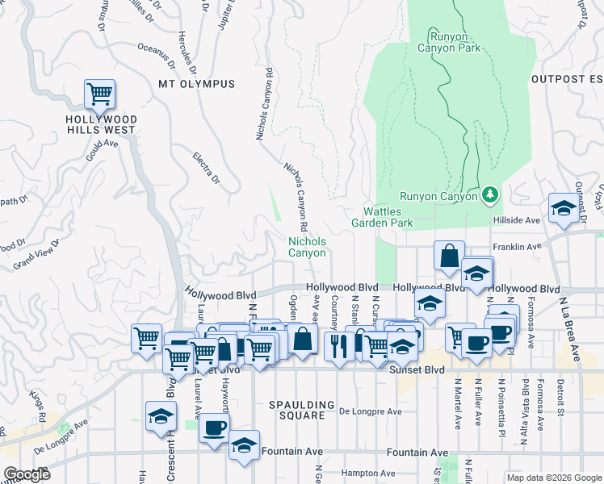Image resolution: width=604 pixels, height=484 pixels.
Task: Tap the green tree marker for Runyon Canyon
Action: [489, 195]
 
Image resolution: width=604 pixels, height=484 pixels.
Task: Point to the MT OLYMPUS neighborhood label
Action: [196, 84]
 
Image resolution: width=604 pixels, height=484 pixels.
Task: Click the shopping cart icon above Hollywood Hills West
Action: [99, 94]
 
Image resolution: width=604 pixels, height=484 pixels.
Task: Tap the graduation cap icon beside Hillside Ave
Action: [562, 209]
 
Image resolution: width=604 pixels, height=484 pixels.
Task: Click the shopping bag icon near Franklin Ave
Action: [448, 256]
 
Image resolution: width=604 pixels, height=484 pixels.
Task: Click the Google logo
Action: [27, 474]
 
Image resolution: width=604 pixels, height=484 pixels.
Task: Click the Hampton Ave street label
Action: [367, 474]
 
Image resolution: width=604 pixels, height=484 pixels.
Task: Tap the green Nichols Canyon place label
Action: [308, 247]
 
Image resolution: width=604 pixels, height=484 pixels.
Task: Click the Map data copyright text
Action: [553, 478]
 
